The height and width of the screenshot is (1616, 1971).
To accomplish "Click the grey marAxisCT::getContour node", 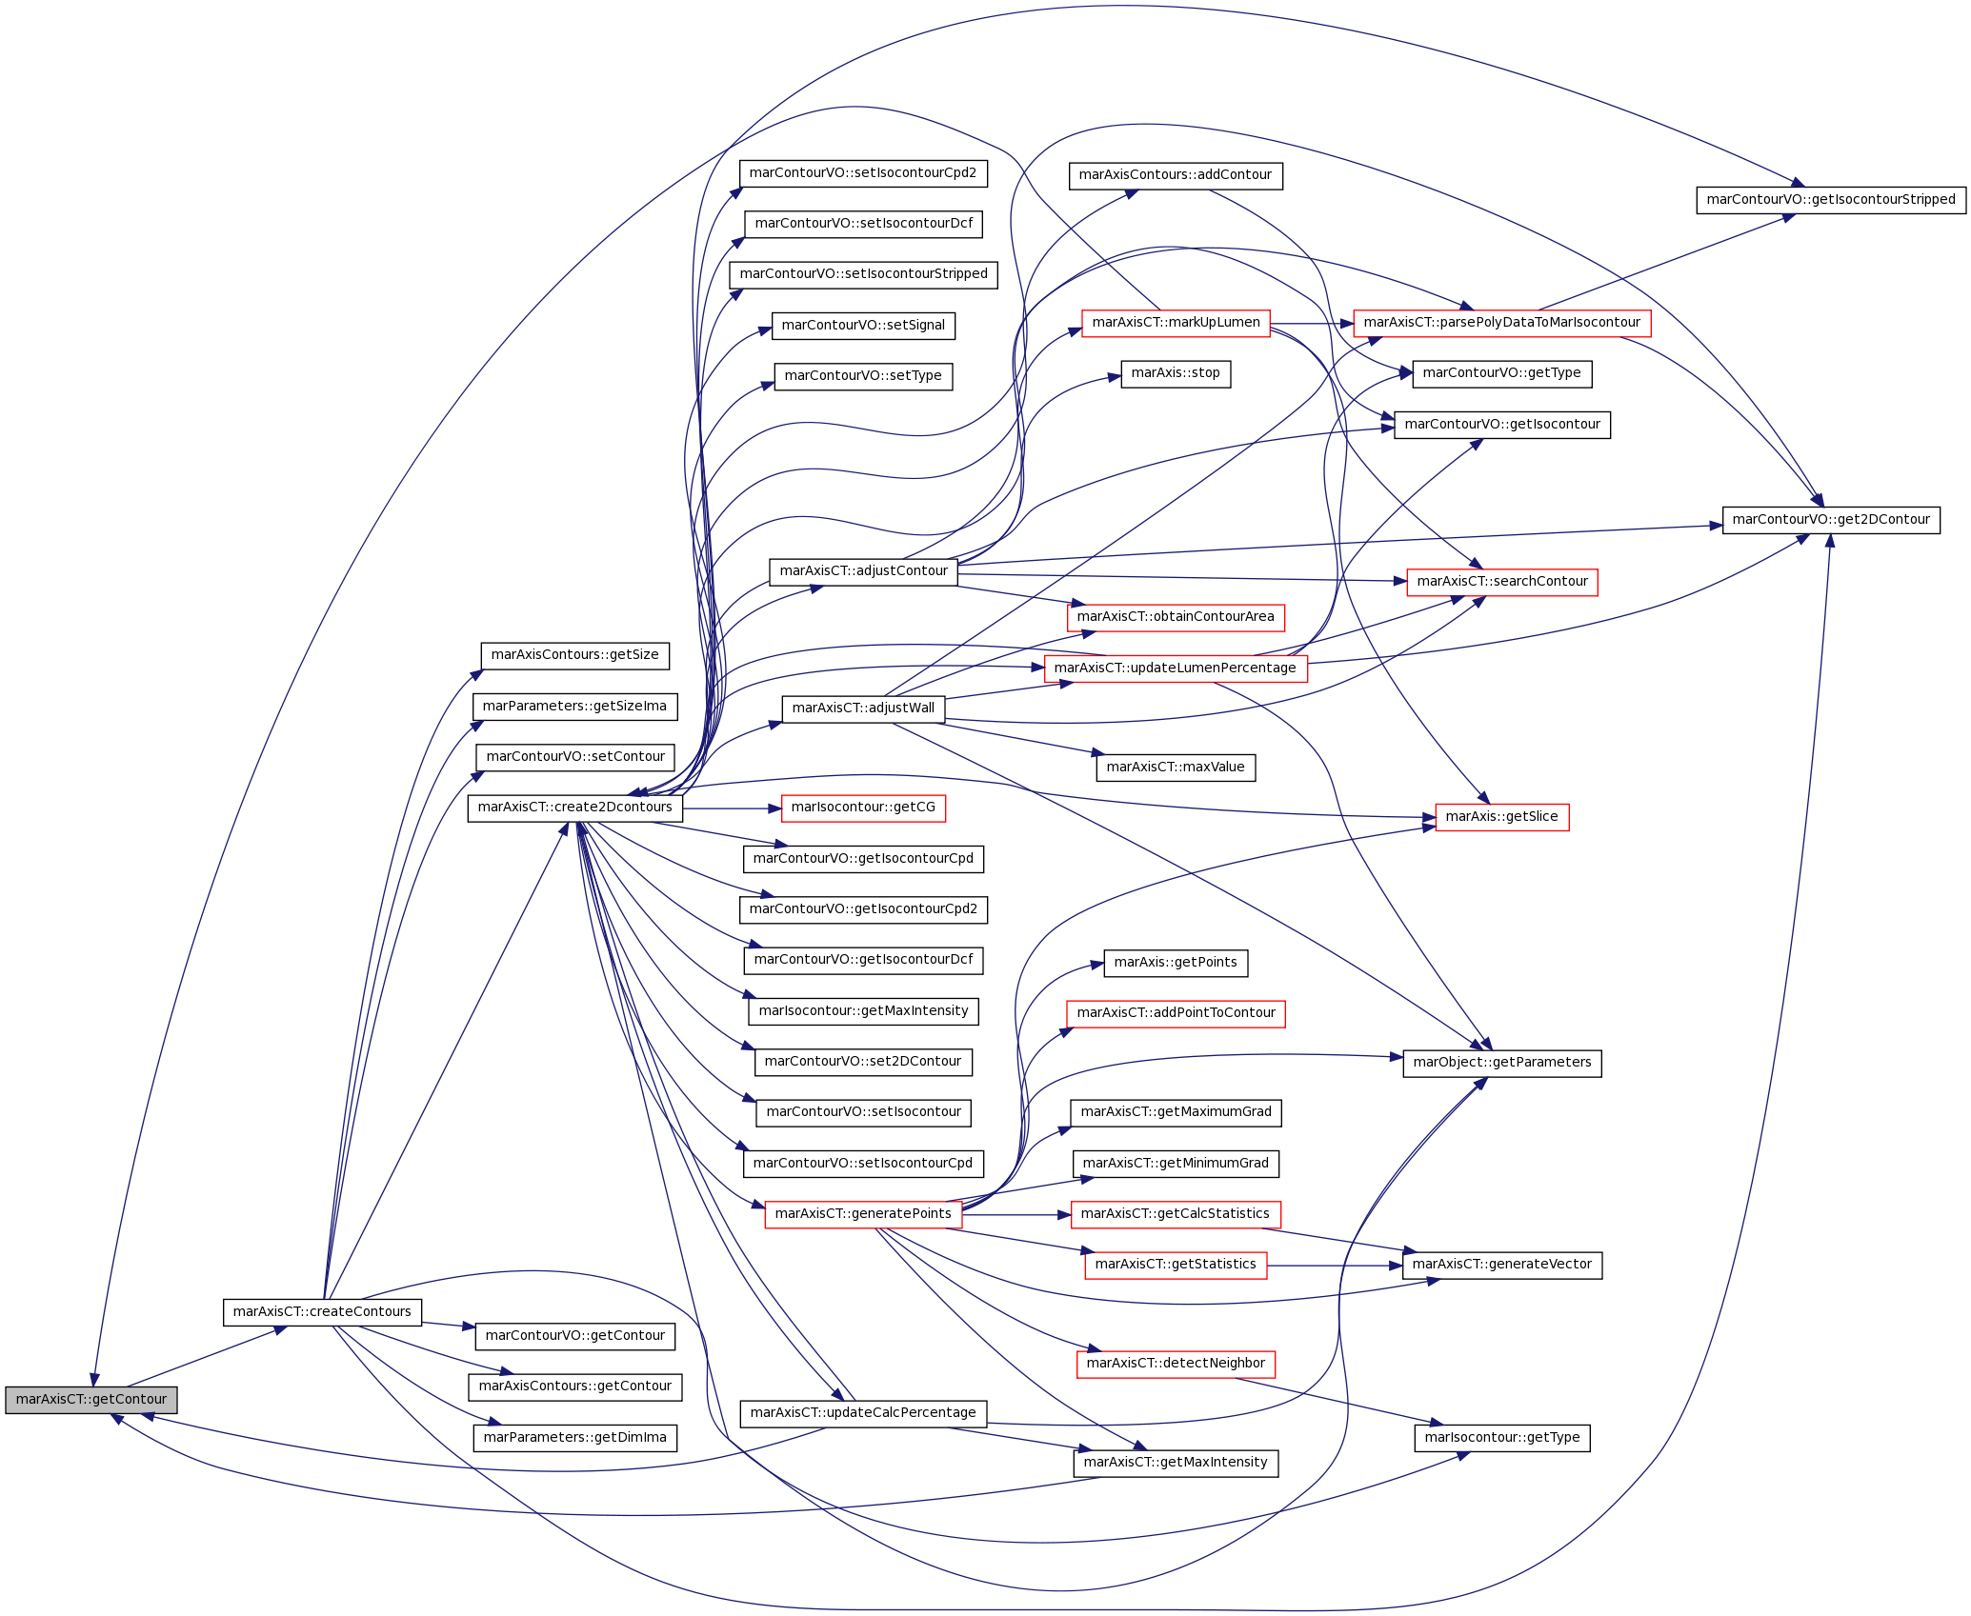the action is coord(91,1400).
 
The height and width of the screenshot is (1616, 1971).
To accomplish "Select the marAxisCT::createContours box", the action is coord(322,1312).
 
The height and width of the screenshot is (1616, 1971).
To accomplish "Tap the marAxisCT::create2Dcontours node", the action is coord(575,808).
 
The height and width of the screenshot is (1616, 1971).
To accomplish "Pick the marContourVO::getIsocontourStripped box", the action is coord(1831,200).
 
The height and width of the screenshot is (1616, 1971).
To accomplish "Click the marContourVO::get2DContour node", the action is coord(1831,520).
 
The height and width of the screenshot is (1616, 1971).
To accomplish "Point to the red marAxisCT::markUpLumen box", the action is coord(1176,323).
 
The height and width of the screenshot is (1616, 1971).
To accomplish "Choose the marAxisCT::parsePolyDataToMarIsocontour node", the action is coord(1502,323).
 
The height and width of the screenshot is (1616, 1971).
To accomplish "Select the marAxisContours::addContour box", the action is coord(1176,175).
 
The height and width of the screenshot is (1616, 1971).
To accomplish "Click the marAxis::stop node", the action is coord(1176,373).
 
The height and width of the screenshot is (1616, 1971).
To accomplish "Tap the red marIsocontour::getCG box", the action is coord(863,808).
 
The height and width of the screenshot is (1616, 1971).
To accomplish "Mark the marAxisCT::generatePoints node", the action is coord(863,1214).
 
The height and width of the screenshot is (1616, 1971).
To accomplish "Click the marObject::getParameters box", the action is coord(1502,1063).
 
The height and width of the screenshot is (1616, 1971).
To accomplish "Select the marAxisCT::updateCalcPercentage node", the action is coord(863,1413).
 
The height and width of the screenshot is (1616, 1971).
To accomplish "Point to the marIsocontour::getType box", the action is coord(1502,1438).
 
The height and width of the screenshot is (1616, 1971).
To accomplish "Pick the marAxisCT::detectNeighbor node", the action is coord(1176,1364).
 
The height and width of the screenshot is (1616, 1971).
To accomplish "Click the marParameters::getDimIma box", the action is coord(575,1438).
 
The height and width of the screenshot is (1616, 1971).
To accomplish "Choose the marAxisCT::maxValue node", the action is coord(1176,768).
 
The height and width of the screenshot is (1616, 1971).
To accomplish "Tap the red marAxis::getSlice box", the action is coord(1502,817).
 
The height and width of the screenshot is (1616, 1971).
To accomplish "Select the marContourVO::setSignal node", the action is coord(863,326).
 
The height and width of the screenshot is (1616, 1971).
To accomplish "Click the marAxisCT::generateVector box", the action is coord(1502,1266).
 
